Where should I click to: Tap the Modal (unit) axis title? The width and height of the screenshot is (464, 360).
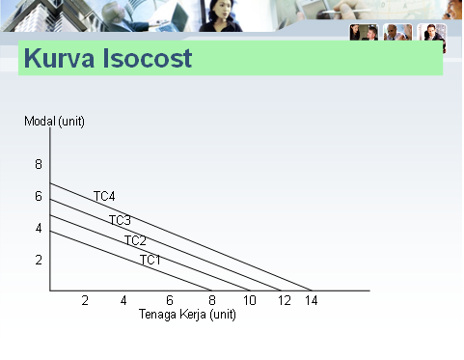click(54, 121)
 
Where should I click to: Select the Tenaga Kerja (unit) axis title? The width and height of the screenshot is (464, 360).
click(187, 315)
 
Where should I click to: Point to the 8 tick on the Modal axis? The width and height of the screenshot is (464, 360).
click(39, 164)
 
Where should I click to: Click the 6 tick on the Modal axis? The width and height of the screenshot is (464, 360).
click(39, 196)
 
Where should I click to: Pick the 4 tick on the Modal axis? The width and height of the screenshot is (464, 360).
click(39, 228)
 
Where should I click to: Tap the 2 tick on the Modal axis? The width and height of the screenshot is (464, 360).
click(39, 260)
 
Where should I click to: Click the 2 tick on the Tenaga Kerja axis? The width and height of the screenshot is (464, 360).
click(85, 301)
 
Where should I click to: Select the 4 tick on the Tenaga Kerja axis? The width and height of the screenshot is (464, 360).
click(123, 301)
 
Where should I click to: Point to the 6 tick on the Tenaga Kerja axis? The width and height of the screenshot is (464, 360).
click(169, 301)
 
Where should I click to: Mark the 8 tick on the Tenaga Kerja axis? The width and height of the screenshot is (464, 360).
click(212, 301)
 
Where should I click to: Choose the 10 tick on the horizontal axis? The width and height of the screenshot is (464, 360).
click(249, 301)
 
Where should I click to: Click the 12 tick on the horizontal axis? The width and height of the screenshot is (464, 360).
click(284, 301)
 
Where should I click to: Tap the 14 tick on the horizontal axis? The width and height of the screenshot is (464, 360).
click(311, 301)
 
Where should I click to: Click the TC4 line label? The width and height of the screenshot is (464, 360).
click(104, 197)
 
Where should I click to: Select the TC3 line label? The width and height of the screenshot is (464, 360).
click(120, 220)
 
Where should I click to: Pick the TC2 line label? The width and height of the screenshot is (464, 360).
click(135, 240)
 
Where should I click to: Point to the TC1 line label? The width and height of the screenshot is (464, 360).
click(150, 260)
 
